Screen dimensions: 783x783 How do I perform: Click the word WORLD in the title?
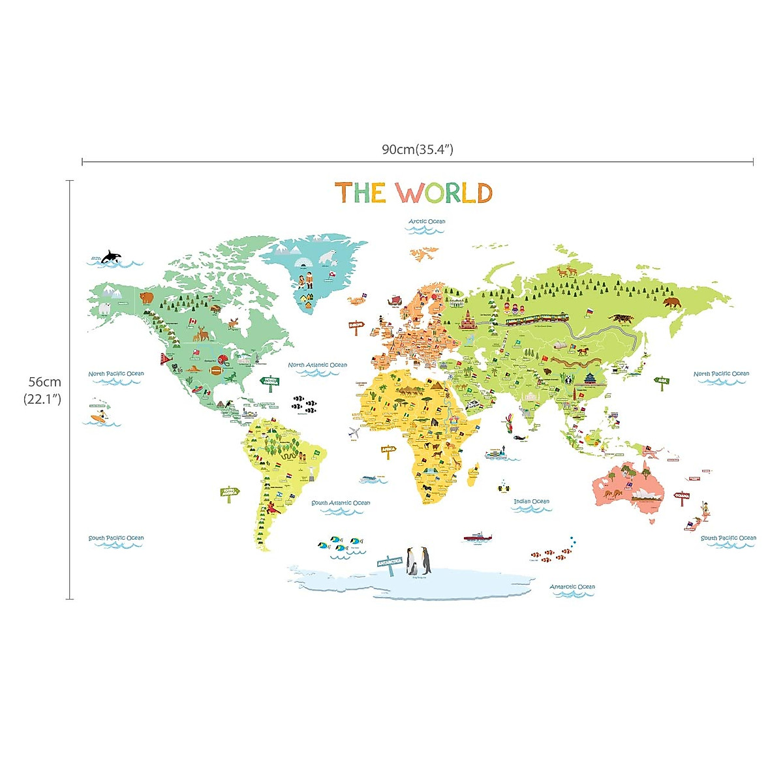(x=444, y=193)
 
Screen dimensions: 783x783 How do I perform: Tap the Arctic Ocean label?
(x=427, y=222)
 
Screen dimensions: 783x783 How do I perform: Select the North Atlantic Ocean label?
(x=318, y=365)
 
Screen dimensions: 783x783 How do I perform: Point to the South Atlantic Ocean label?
(x=341, y=503)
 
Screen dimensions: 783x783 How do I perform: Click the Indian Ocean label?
(x=531, y=502)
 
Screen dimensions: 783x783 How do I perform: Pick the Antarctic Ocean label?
(x=572, y=587)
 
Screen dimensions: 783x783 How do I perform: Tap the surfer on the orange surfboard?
(x=99, y=416)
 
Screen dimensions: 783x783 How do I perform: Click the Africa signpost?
(x=388, y=450)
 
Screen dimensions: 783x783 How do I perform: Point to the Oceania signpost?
(x=682, y=496)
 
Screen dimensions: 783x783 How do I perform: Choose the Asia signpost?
(x=662, y=381)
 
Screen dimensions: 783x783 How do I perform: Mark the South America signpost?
(x=229, y=492)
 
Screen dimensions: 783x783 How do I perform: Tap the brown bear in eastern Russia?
(x=672, y=303)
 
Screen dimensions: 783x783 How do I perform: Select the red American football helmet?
(x=223, y=358)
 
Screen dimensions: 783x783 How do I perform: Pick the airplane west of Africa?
(x=354, y=432)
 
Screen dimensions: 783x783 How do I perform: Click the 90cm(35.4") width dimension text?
(x=418, y=149)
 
